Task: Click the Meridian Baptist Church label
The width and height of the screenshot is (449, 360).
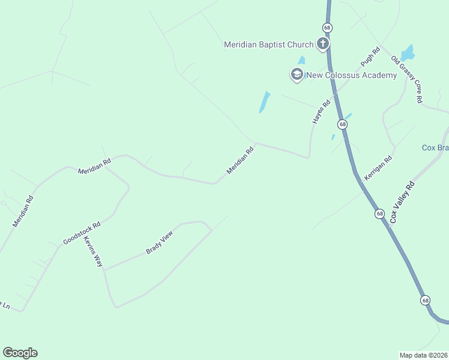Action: [268, 44]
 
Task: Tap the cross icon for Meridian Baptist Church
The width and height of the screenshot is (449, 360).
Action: [323, 44]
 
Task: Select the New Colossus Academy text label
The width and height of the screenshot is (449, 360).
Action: [351, 75]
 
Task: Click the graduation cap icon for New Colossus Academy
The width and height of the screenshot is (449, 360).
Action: [297, 75]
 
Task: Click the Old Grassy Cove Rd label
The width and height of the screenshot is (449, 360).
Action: [407, 79]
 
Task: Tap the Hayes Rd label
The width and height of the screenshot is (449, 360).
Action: [321, 112]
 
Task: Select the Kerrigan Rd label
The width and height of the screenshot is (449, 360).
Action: [378, 168]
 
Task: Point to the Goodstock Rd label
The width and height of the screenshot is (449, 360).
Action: [82, 233]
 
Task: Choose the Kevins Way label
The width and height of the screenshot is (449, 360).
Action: [93, 251]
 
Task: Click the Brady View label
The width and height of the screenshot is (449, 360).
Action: [159, 242]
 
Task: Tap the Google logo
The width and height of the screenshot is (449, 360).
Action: [20, 353]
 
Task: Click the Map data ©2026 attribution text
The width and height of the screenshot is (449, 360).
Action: [423, 355]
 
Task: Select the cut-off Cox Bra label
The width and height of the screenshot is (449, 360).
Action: [435, 148]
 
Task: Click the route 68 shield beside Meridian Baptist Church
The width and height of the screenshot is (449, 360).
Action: [327, 28]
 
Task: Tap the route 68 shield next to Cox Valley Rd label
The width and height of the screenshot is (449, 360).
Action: [379, 214]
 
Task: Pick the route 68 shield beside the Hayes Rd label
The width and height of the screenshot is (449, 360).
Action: [342, 124]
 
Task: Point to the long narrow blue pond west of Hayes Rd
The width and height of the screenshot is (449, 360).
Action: [264, 102]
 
